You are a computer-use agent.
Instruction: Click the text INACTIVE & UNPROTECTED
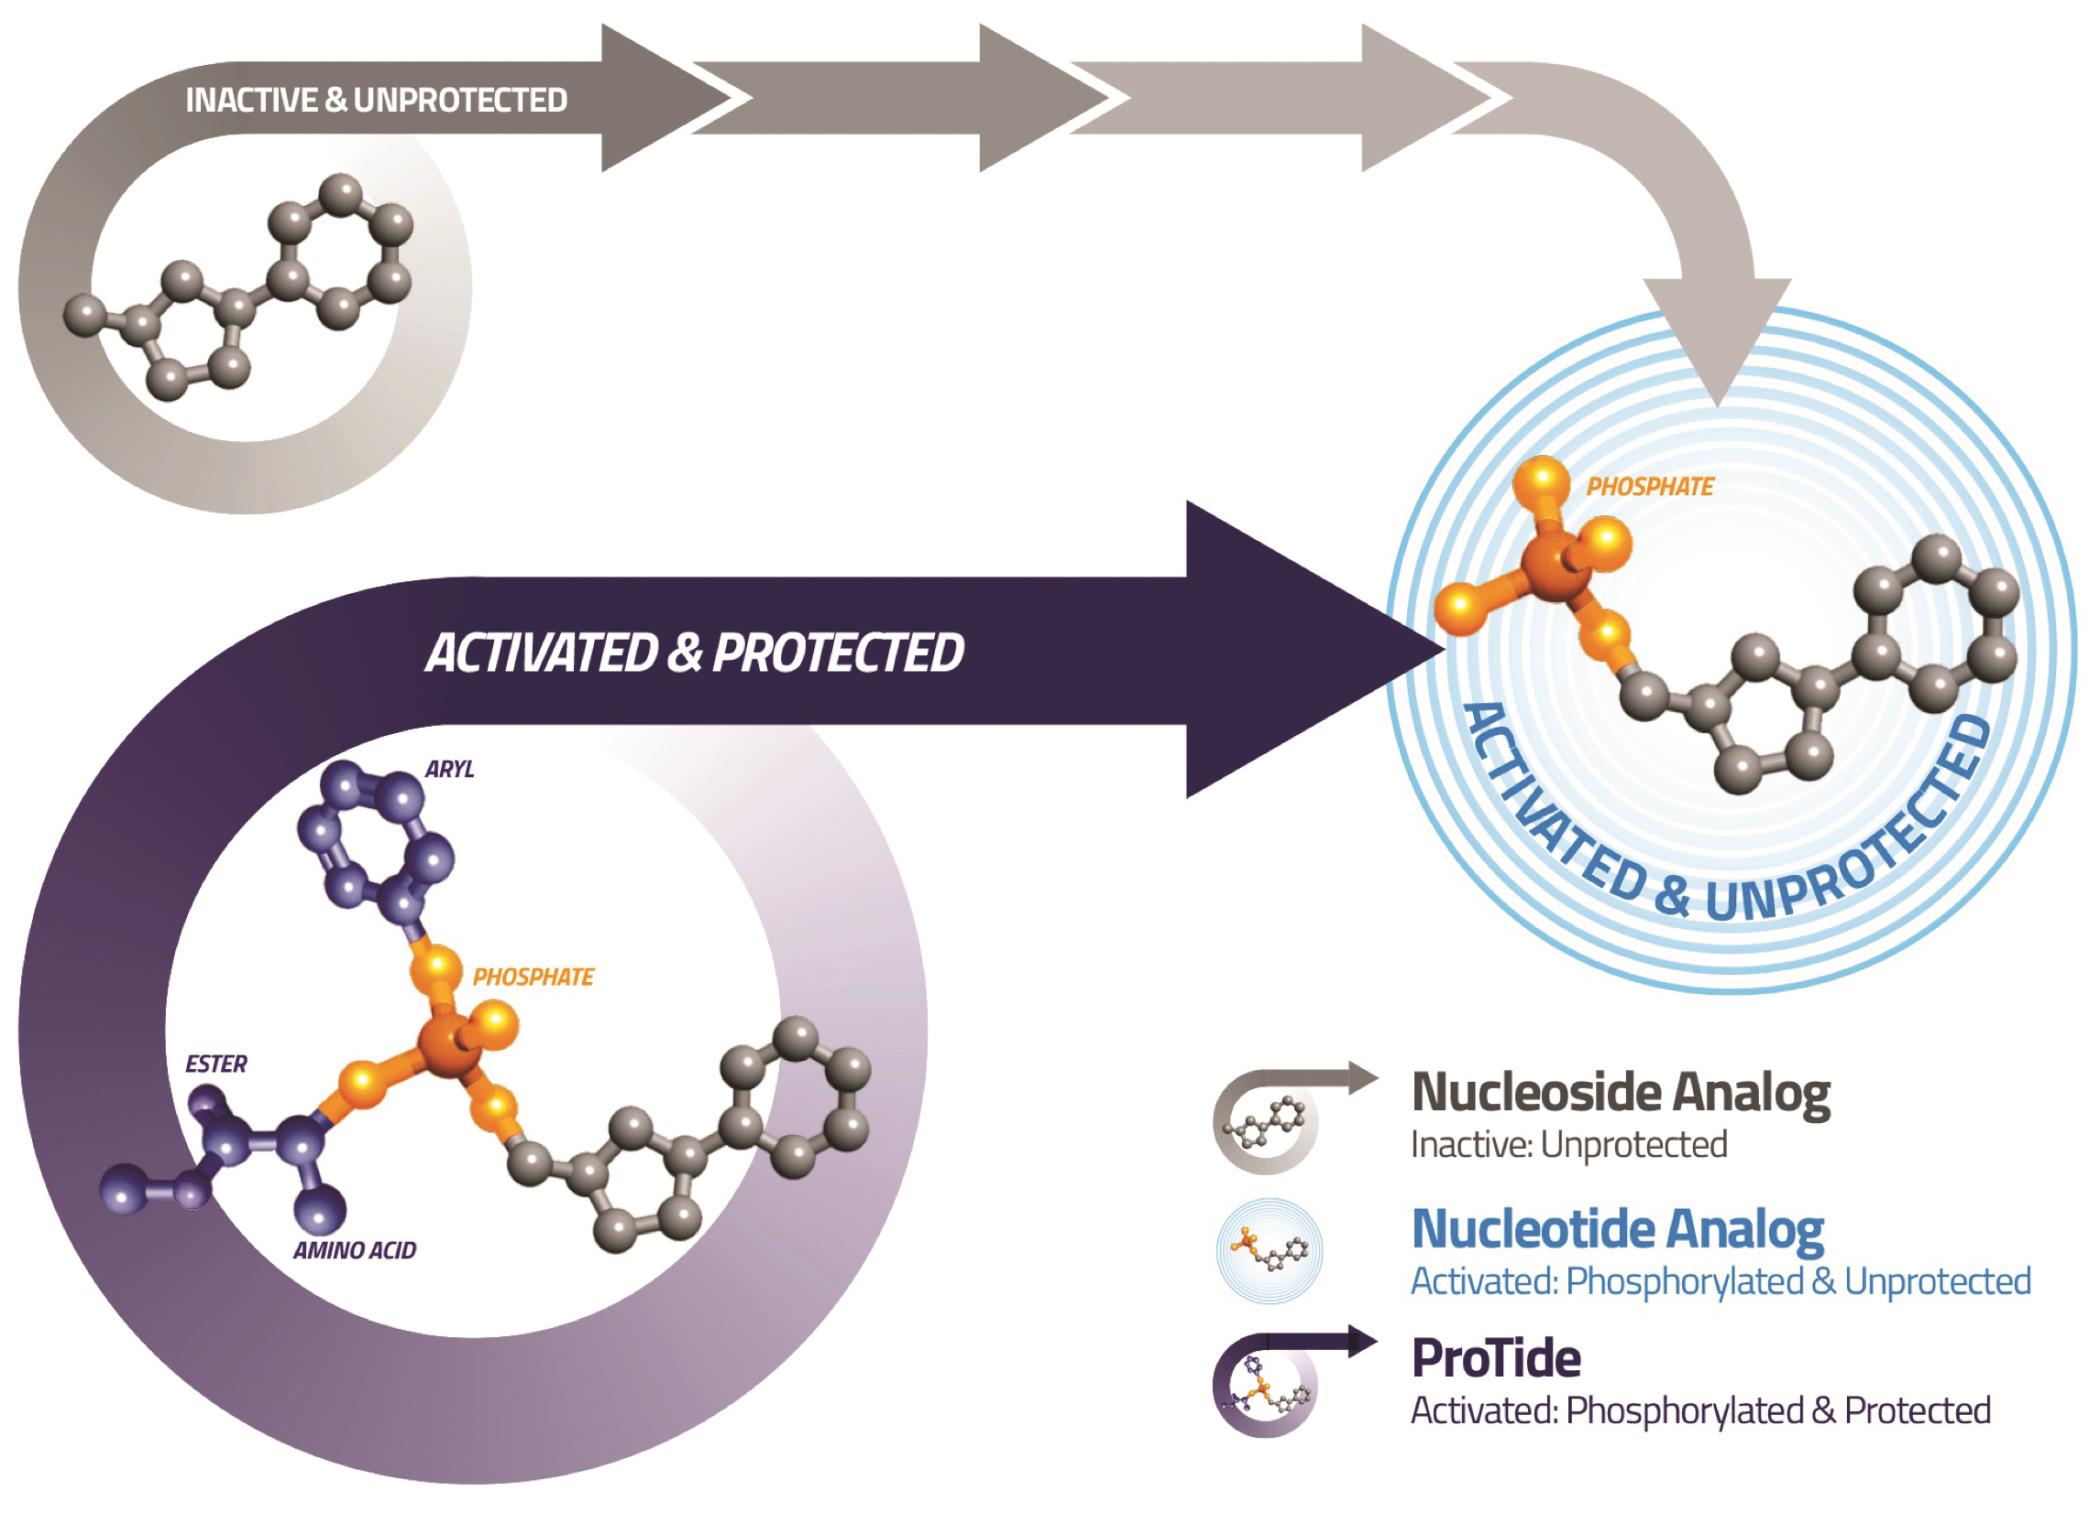pyautogui.click(x=376, y=100)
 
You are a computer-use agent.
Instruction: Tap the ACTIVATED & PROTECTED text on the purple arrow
pyautogui.click(x=694, y=653)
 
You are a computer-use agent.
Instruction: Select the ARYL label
pyautogui.click(x=449, y=769)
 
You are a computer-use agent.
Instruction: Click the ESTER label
pyautogui.click(x=216, y=1063)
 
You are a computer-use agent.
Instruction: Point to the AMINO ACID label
pyautogui.click(x=354, y=1250)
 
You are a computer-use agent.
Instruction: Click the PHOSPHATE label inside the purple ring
pyautogui.click(x=533, y=976)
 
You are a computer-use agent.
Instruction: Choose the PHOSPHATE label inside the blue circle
pyautogui.click(x=1650, y=487)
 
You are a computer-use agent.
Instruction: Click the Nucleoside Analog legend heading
pyautogui.click(x=1620, y=1093)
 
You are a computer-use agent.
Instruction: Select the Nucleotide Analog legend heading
pyautogui.click(x=1617, y=1229)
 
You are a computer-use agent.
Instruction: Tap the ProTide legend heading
pyautogui.click(x=1496, y=1358)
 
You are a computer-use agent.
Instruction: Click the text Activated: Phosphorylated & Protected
pyautogui.click(x=1700, y=1411)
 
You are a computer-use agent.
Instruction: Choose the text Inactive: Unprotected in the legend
pyautogui.click(x=1568, y=1145)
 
